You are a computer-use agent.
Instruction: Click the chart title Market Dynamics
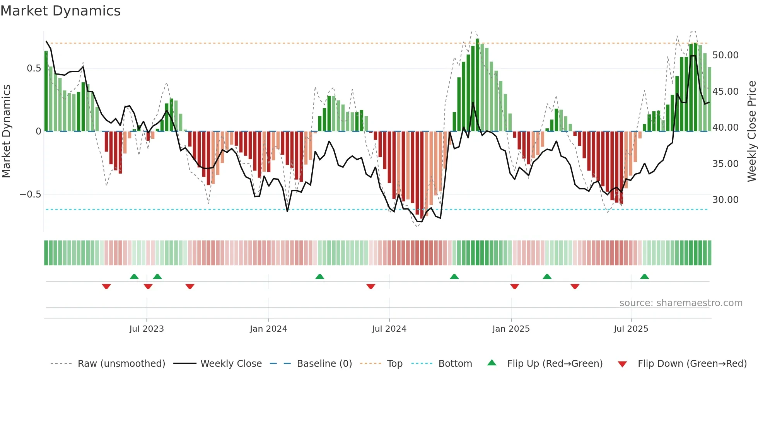pos(60,11)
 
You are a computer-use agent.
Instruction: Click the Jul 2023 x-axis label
pos(147,329)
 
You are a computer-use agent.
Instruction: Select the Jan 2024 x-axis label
pos(268,329)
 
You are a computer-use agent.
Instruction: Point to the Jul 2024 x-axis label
pos(389,329)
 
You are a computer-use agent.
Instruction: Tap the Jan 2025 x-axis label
pos(511,329)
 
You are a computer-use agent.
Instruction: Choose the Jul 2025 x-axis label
pos(631,329)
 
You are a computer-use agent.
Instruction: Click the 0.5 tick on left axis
pos(34,68)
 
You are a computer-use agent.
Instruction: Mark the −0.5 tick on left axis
pos(31,194)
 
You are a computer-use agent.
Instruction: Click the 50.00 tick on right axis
pos(726,55)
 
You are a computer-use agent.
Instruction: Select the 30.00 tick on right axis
pos(726,200)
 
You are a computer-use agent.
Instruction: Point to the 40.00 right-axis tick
pos(726,128)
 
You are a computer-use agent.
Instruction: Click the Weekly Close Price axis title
pos(751,131)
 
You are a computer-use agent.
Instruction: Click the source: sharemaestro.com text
pos(681,303)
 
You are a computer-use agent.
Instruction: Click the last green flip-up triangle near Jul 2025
pos(644,277)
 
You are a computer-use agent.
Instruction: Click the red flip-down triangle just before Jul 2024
pos(371,286)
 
